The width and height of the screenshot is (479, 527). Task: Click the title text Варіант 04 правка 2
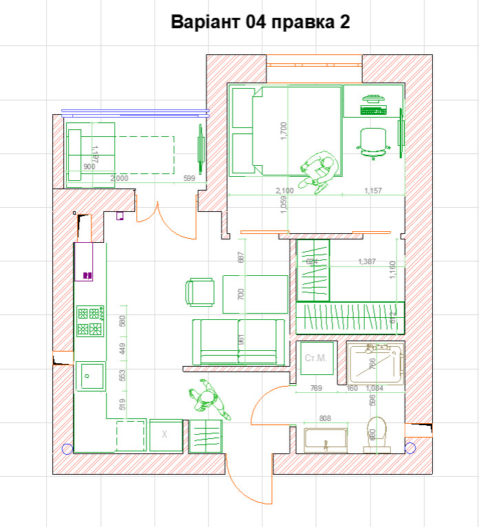point(261,22)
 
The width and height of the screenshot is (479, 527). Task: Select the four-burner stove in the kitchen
point(90,321)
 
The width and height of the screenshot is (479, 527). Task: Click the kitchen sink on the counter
point(89,376)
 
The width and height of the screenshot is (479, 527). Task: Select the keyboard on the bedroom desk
point(374,109)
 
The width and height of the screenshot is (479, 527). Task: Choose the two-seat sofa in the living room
point(238,342)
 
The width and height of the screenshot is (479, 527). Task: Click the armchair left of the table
point(200,292)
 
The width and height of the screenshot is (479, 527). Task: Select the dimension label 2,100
point(284,191)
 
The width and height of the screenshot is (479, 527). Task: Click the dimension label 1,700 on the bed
point(284,131)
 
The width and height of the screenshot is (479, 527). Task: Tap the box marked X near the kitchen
point(164,435)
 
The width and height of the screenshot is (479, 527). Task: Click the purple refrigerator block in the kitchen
point(84,261)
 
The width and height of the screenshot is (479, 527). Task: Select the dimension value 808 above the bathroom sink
point(325,418)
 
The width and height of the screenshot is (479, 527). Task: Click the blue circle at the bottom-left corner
point(66,449)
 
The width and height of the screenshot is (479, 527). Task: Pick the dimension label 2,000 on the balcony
point(120,178)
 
